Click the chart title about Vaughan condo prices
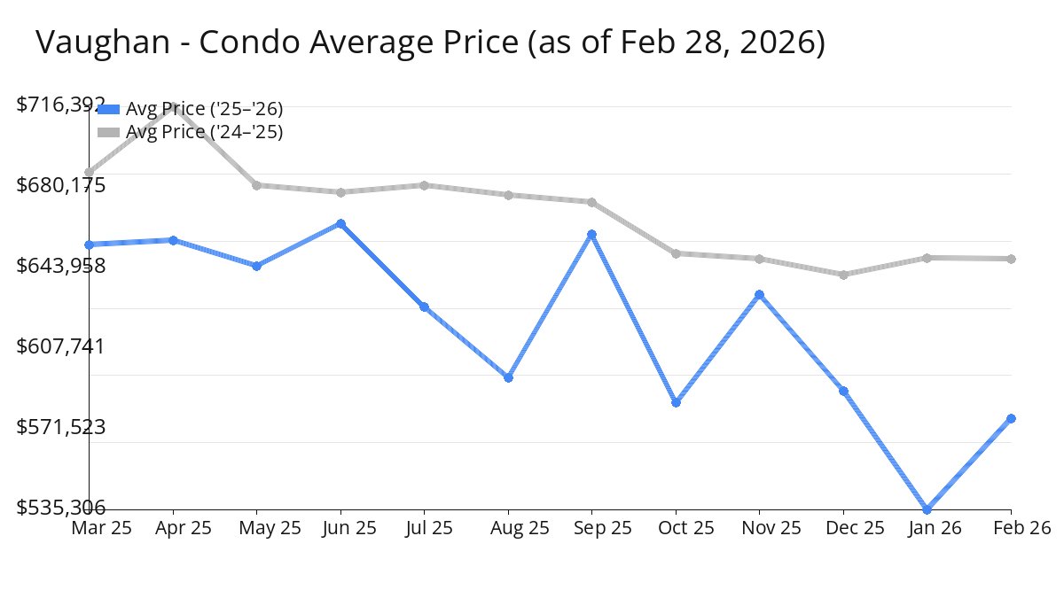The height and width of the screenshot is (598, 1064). click(431, 42)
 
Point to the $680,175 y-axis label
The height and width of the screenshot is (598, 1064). click(61, 185)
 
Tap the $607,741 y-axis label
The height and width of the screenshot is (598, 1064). click(61, 346)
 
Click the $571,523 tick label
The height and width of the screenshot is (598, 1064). click(61, 427)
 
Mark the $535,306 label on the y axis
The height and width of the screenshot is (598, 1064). click(61, 508)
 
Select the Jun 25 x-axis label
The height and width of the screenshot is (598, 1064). click(340, 528)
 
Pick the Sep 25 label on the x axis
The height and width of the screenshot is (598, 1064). click(591, 528)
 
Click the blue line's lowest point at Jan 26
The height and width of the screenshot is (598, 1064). click(927, 509)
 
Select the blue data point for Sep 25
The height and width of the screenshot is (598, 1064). click(591, 235)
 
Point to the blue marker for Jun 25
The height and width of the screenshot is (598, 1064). click(340, 224)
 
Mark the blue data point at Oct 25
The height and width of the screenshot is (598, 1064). click(676, 402)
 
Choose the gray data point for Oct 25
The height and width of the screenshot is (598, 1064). click(676, 253)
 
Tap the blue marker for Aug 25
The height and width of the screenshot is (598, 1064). click(508, 377)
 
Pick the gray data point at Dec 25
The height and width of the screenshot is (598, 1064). click(843, 275)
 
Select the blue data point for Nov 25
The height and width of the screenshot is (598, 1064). click(759, 294)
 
